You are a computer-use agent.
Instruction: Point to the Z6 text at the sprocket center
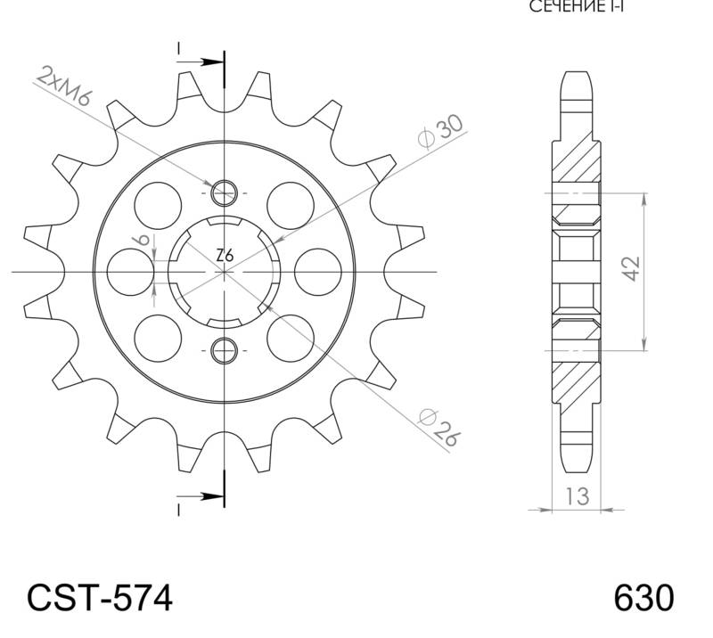[x=225, y=256]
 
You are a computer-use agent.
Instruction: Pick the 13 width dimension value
[x=578, y=495]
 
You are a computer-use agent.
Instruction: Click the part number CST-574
[x=99, y=598]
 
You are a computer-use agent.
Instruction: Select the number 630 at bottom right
[x=643, y=598]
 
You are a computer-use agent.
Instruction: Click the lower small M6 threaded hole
[x=225, y=349]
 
